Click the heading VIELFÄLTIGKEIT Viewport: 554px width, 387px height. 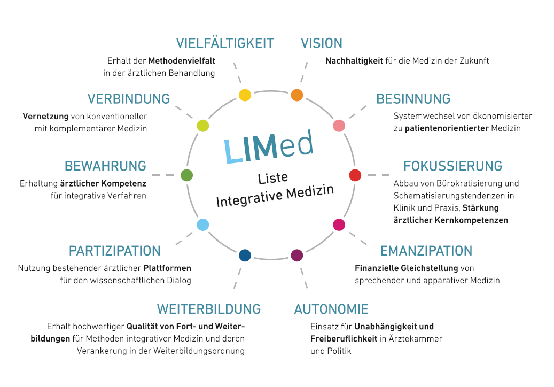coord(225,43)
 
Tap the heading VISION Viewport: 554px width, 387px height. coord(322,43)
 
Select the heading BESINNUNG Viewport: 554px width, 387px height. coord(413,99)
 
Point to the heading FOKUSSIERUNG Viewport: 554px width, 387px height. coord(452,166)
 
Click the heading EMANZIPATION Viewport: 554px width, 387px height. coord(426,251)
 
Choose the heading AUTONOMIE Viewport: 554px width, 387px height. coord(331,309)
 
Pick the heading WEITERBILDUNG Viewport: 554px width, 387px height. coord(208,309)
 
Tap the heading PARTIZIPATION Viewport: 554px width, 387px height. coord(114,251)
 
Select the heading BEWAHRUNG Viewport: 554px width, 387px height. coord(105,166)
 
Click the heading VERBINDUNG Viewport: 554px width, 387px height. coord(129,99)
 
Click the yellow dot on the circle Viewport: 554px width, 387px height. coord(245,95)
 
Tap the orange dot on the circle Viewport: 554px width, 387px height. coord(297,95)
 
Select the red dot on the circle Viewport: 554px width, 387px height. coord(355,175)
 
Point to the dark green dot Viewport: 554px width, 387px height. coord(186,175)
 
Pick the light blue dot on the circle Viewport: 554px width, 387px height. coord(202,225)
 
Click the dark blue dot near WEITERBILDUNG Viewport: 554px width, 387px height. coord(245,256)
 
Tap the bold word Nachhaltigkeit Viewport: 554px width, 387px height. coord(354,61)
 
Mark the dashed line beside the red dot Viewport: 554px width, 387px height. coord(378,175)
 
